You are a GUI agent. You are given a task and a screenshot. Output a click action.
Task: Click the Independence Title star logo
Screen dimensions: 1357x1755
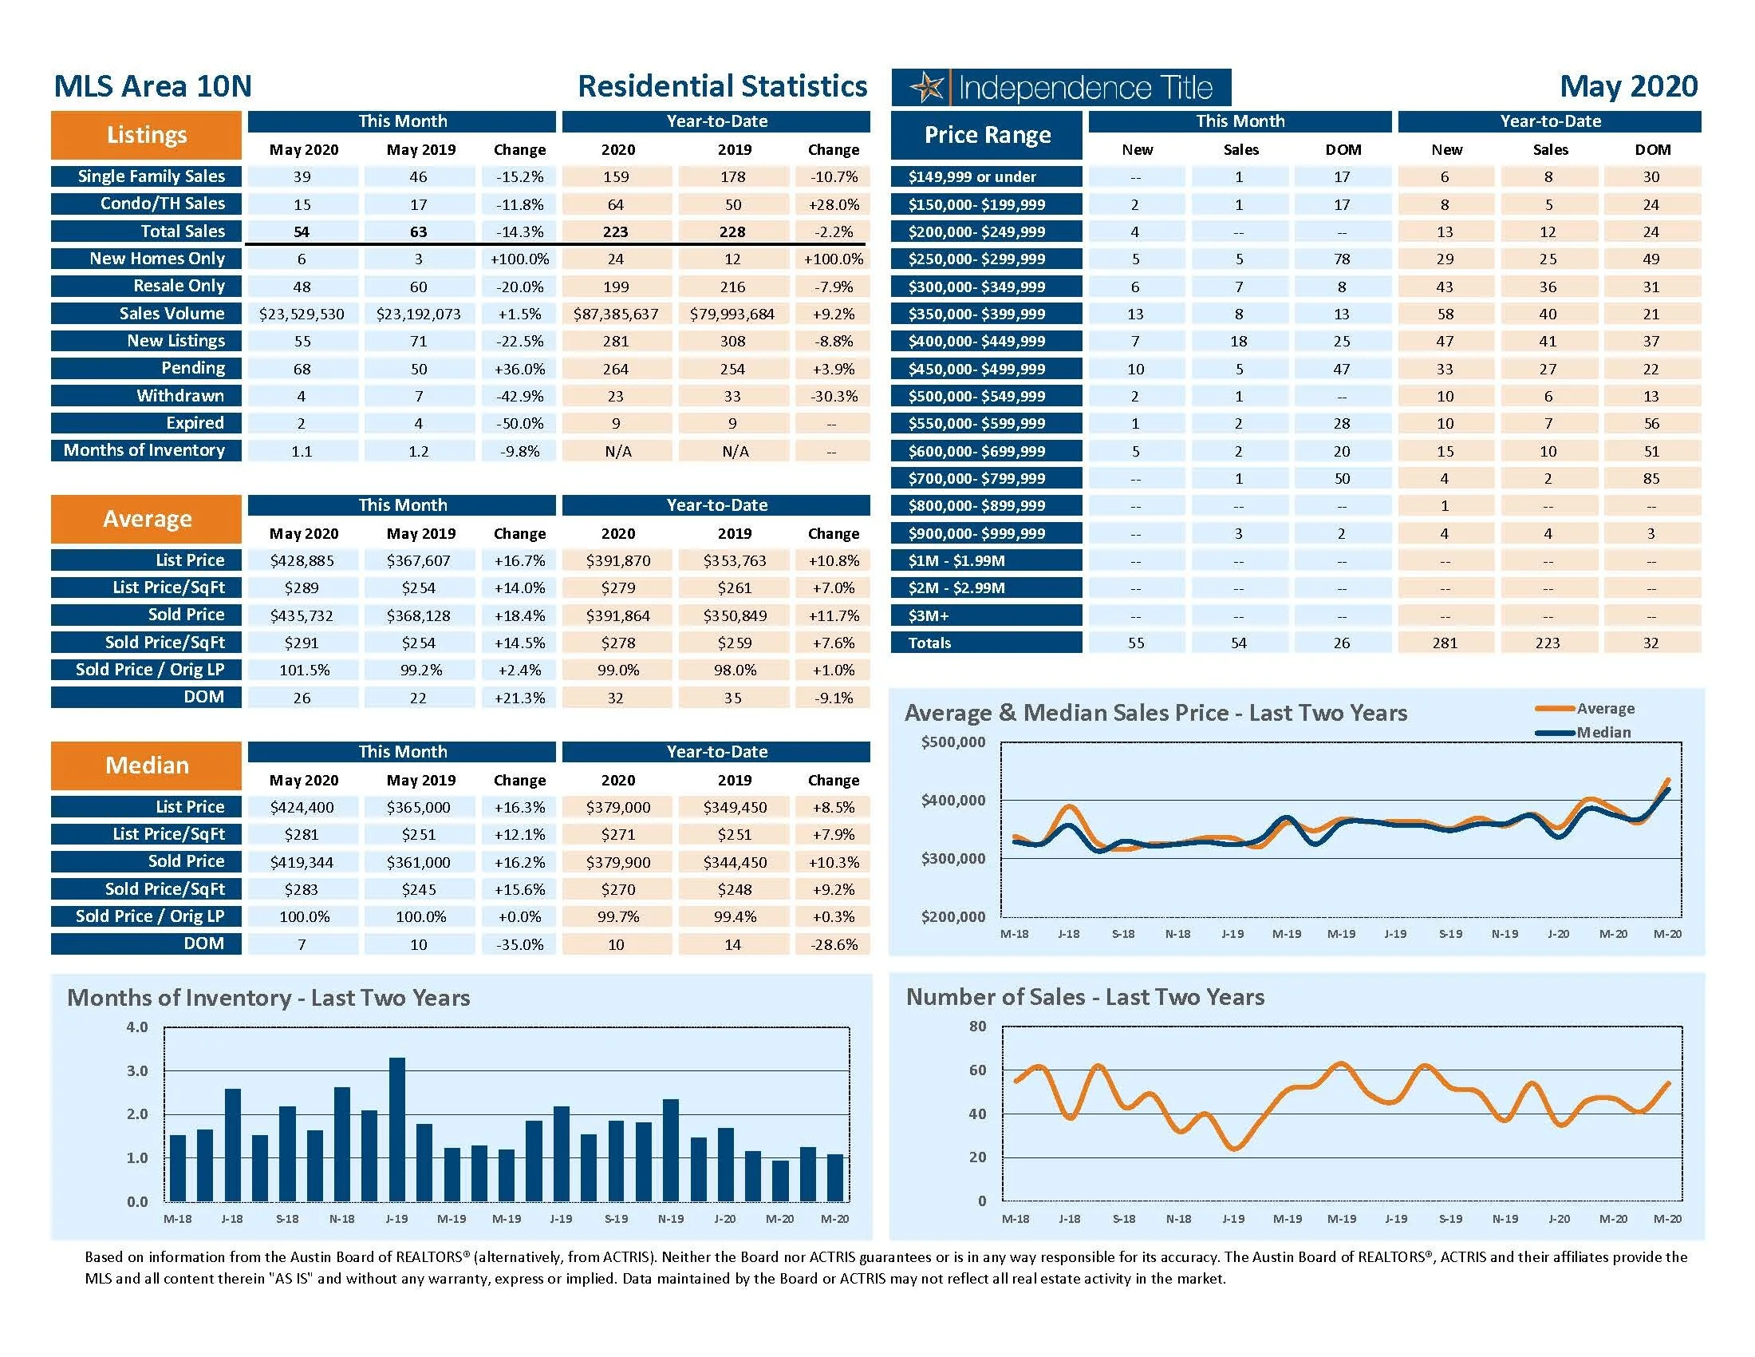[928, 88]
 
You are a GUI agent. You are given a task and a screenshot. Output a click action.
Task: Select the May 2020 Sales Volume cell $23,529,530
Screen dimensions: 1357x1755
[302, 315]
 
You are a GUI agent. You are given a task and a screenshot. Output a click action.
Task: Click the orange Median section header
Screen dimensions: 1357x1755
[146, 766]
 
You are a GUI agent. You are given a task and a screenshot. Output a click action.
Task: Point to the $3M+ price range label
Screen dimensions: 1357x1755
[929, 615]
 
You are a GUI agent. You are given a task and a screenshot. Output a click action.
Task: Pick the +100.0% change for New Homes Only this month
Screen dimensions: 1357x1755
[519, 259]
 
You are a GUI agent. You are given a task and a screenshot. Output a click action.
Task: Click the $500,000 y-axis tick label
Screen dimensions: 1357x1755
[953, 742]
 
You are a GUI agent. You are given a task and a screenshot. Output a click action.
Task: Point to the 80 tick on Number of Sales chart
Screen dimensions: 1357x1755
[977, 1027]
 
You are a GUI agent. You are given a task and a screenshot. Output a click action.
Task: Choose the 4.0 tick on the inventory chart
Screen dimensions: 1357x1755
[137, 1027]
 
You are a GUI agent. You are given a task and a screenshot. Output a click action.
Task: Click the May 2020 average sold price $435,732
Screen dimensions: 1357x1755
[302, 615]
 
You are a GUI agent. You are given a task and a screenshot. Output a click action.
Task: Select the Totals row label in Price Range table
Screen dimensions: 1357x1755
[929, 643]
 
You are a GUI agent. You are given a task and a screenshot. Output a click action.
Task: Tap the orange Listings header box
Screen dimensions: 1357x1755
[146, 135]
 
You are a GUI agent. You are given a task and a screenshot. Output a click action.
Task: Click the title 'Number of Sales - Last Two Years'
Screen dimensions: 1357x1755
[1085, 998]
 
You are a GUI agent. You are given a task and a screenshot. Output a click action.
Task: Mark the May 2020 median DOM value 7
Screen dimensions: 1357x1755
[302, 944]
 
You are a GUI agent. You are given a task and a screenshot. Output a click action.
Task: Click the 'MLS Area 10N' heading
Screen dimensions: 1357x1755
[152, 86]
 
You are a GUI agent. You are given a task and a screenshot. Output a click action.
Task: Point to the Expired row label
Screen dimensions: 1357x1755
[195, 423]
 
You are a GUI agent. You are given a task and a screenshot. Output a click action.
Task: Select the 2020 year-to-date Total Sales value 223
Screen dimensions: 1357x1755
[616, 232]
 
